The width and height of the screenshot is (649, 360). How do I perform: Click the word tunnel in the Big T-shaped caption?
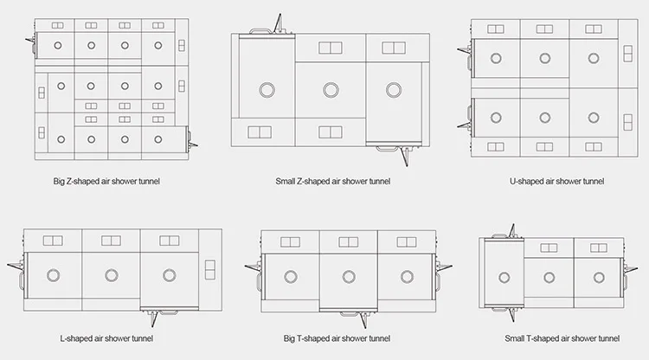point(377,337)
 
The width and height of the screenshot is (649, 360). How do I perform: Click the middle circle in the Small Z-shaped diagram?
point(331,89)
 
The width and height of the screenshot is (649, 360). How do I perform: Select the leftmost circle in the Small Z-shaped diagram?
point(267,89)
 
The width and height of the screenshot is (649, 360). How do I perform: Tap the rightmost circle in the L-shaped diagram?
point(169,274)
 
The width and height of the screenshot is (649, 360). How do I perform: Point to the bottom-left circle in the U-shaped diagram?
point(496,118)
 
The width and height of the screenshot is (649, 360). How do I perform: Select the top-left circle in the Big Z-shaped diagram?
point(59,46)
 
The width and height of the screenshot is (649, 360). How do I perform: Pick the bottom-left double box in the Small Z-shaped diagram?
point(259,132)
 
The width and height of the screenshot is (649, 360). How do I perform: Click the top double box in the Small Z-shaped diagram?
point(331,47)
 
